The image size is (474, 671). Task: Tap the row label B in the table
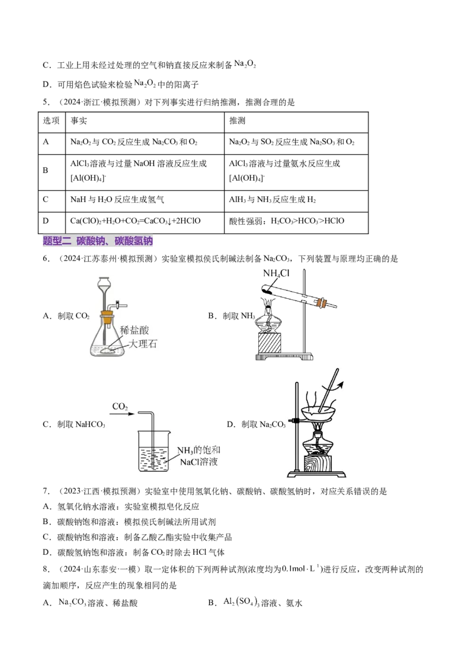[46, 170]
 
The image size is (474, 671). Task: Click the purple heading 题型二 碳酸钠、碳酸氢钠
[98, 241]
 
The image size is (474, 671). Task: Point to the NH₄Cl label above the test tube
[276, 273]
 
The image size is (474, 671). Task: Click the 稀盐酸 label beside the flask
[134, 330]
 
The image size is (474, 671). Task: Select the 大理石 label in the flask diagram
[142, 344]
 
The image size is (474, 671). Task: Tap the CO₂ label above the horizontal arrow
[120, 407]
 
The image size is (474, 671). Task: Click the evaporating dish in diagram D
[318, 413]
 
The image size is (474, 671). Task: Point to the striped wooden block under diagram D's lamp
[318, 464]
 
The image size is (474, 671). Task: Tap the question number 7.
[46, 491]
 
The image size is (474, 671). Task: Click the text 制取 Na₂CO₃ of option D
[263, 424]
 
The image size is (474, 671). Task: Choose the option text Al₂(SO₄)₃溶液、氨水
[262, 602]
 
